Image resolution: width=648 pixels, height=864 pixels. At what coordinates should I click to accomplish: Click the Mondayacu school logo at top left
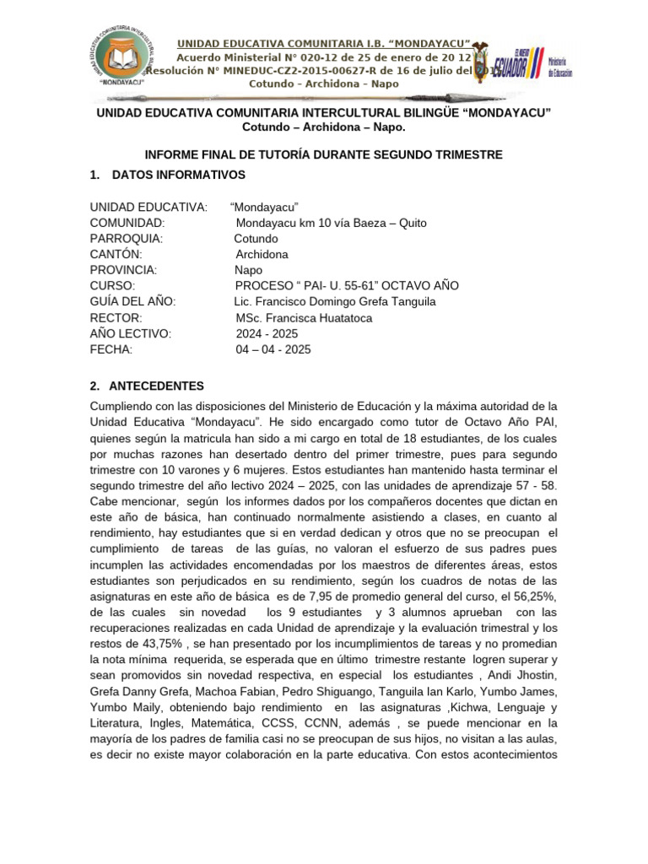pyautogui.click(x=122, y=57)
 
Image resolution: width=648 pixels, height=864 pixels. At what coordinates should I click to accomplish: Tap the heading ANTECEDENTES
pyautogui.click(x=158, y=386)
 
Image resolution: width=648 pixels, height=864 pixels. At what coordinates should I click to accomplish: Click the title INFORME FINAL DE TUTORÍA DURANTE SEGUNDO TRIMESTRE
pyautogui.click(x=324, y=154)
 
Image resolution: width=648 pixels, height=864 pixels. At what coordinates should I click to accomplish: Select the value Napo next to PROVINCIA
pyautogui.click(x=248, y=270)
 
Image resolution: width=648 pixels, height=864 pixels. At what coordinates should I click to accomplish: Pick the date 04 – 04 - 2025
pyautogui.click(x=273, y=349)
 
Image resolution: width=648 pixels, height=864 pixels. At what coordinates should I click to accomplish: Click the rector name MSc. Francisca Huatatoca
pyautogui.click(x=304, y=318)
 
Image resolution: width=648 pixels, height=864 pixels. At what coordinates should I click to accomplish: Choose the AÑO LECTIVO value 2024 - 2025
pyautogui.click(x=267, y=333)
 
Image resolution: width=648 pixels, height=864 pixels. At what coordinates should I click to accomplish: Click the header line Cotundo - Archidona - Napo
pyautogui.click(x=323, y=84)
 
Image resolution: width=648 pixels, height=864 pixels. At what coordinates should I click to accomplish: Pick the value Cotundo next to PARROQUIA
pyautogui.click(x=256, y=239)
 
